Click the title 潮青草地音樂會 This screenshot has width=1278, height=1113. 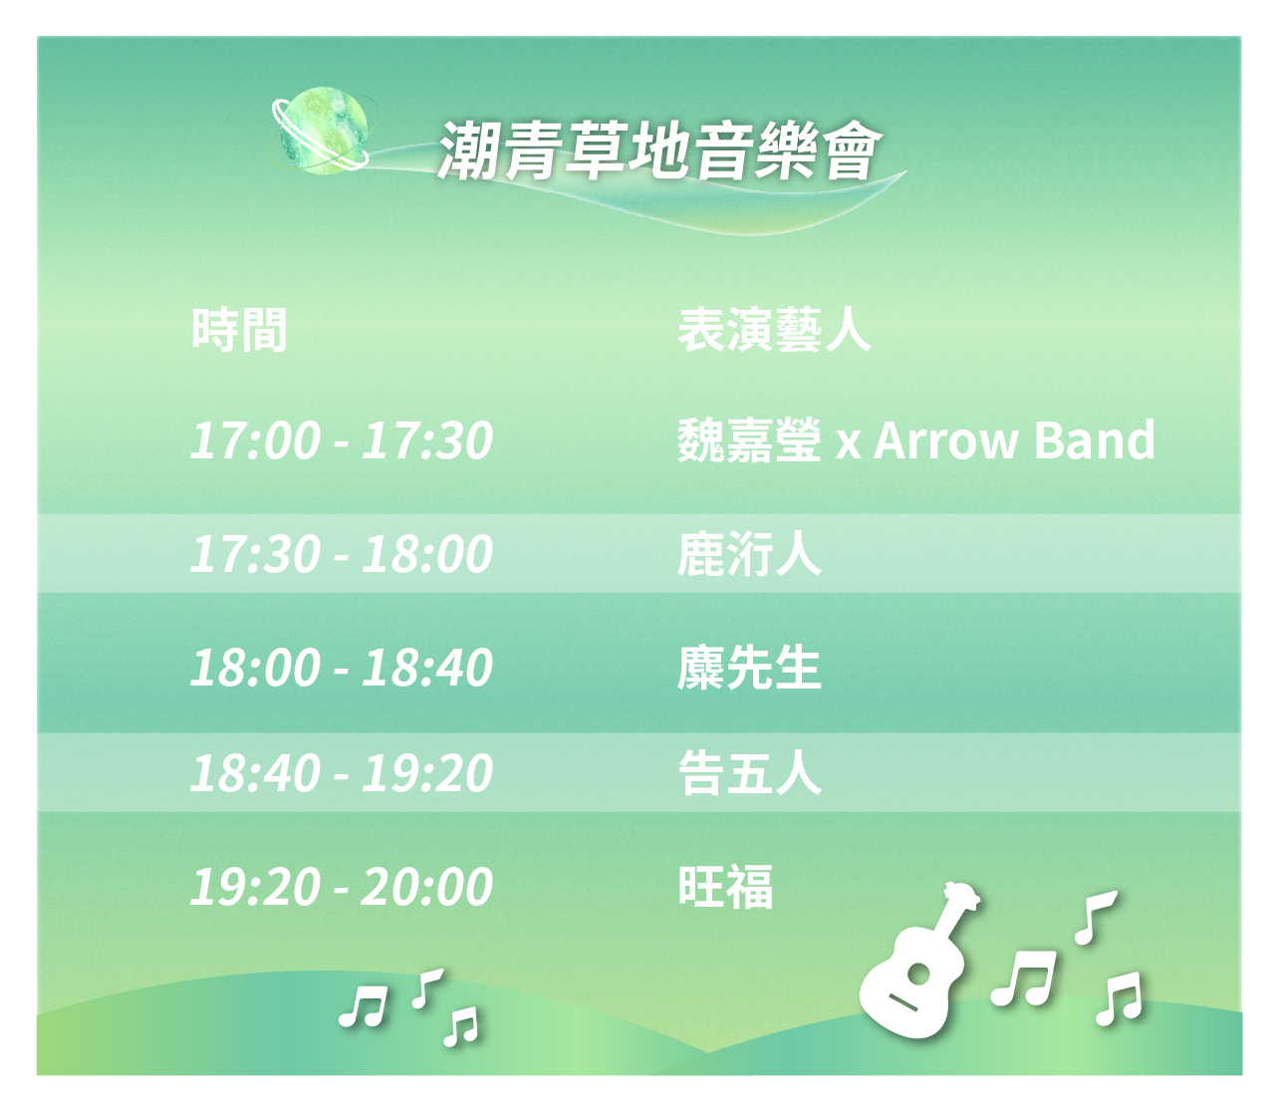point(658,152)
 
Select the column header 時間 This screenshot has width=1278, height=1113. point(239,330)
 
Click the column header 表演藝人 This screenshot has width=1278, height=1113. point(774,330)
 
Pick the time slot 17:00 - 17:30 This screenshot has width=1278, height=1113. point(341,440)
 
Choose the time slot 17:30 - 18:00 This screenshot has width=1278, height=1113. point(341,554)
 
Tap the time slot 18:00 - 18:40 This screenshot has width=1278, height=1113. point(341,668)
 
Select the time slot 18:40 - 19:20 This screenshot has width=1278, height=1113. point(341,773)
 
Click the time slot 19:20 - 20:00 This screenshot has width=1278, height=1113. point(341,887)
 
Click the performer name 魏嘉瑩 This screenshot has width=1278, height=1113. point(749,440)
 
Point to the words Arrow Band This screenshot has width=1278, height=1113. point(1014,440)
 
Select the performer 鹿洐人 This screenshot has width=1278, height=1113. point(749,554)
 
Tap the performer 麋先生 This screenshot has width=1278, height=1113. point(749,668)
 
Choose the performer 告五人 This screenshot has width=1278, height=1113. point(749,773)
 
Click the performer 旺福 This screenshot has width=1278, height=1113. point(725,887)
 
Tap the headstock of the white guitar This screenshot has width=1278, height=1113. point(962,898)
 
